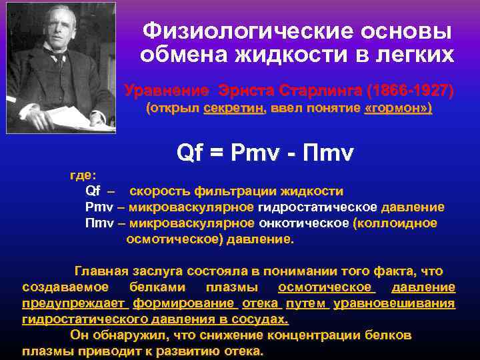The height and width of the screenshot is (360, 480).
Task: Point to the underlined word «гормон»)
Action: click(399, 108)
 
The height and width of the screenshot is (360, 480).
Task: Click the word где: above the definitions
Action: click(83, 175)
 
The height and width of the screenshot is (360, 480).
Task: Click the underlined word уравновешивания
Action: click(394, 303)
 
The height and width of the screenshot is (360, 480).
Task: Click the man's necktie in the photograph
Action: click(59, 61)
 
